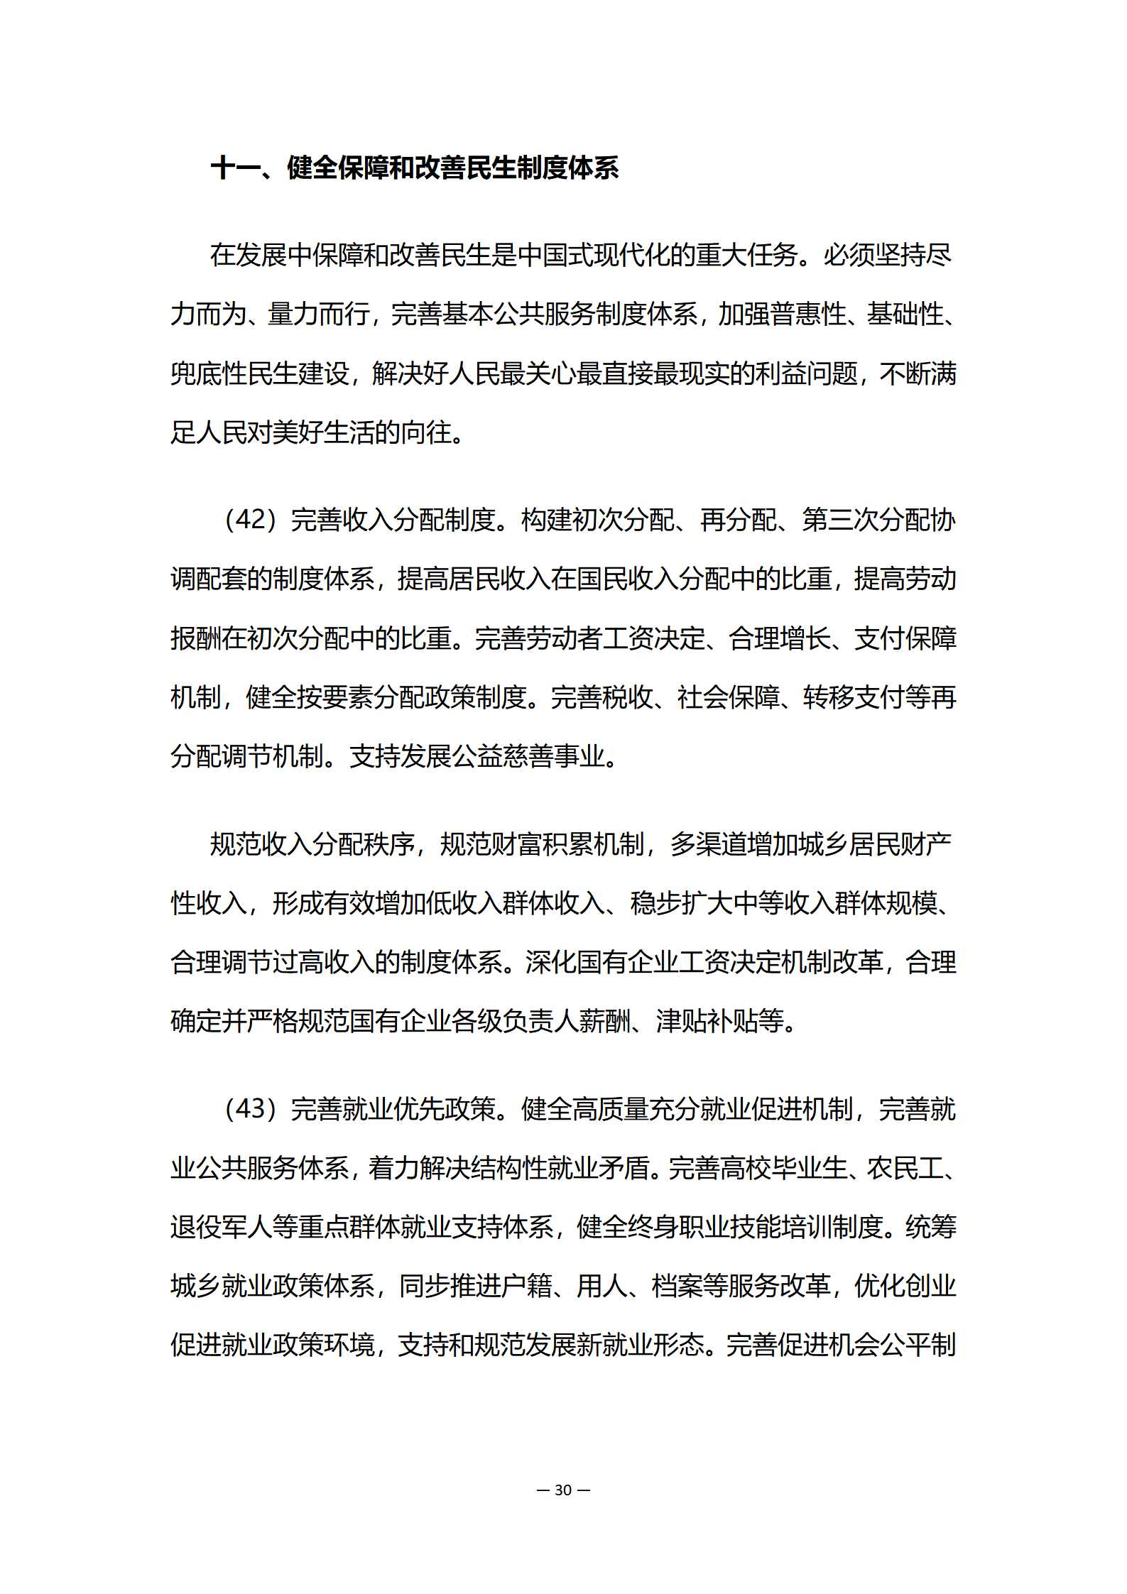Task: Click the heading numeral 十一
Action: [x=235, y=168]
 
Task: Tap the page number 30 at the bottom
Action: [x=563, y=1490]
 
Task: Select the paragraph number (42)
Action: [x=249, y=519]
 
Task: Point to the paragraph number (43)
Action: [x=249, y=1108]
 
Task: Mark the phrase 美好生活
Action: [x=324, y=432]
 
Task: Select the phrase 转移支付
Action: [x=854, y=697]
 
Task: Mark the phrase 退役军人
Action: [x=222, y=1226]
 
